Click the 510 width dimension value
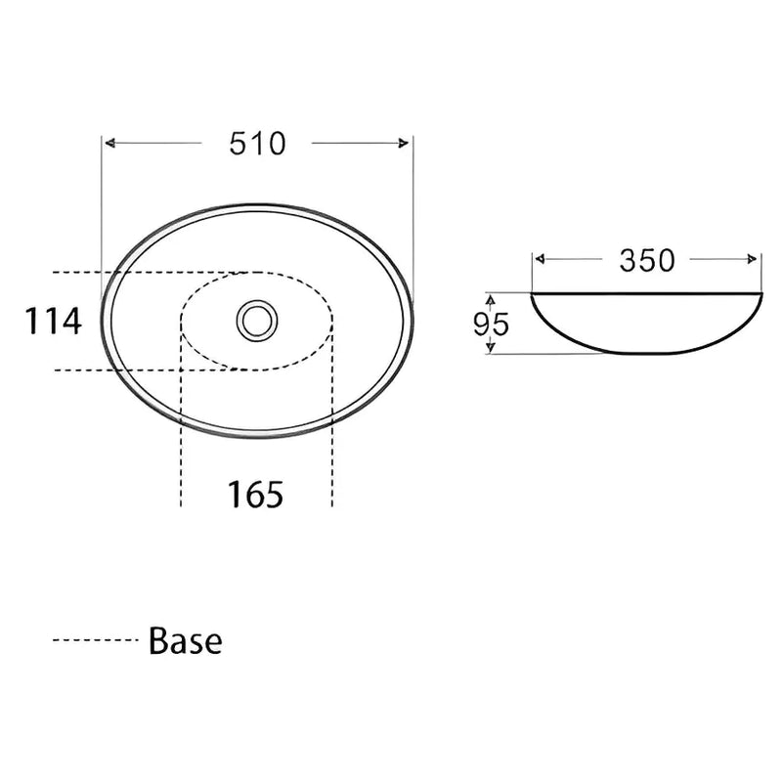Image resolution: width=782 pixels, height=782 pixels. [258, 144]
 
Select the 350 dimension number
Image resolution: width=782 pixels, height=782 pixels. [646, 260]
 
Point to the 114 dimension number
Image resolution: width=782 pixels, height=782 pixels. [53, 321]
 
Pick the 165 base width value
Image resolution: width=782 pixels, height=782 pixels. [256, 495]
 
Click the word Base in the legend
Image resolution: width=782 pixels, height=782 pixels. [186, 641]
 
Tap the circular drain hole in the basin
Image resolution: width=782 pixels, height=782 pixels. [257, 320]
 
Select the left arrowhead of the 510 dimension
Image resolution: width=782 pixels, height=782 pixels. [110, 144]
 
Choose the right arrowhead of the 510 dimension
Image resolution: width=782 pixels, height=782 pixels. [406, 144]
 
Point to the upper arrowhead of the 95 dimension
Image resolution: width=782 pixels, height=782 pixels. [492, 298]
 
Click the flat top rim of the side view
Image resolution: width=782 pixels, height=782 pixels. [646, 292]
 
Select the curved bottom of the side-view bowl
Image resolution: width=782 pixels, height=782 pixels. [646, 353]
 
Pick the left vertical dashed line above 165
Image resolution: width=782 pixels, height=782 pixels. [181, 430]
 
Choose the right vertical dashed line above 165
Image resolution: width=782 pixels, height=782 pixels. [333, 430]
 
